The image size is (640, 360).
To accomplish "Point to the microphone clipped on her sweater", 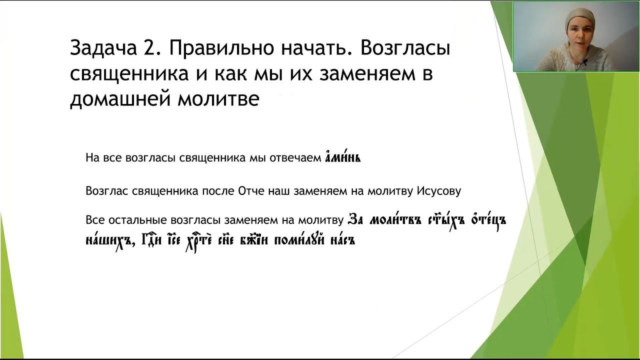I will tap(583, 62).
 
